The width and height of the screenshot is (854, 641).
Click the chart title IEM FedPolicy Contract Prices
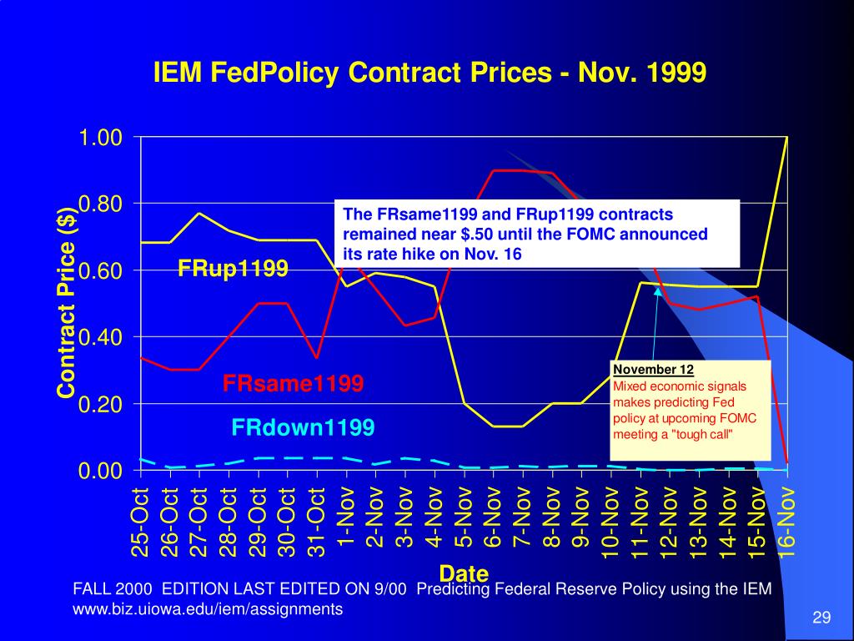click(430, 73)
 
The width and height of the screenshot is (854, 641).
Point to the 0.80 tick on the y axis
click(101, 204)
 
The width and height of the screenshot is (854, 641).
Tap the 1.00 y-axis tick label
click(101, 137)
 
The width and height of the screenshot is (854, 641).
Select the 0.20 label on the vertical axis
click(101, 404)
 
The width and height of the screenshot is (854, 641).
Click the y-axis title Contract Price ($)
click(67, 302)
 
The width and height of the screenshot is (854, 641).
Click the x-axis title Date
click(464, 573)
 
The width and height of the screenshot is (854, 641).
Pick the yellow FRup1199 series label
click(233, 269)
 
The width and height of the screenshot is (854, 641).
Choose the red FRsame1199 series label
click(293, 384)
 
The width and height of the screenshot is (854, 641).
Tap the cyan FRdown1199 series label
click(303, 428)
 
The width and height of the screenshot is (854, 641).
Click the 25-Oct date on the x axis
click(140, 522)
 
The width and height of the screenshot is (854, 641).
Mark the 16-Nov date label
click(788, 522)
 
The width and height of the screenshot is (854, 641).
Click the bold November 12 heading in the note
click(653, 370)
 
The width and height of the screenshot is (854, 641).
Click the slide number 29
click(821, 618)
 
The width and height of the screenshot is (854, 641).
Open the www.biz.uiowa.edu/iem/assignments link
click(208, 609)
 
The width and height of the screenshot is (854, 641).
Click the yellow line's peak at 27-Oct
click(199, 213)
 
